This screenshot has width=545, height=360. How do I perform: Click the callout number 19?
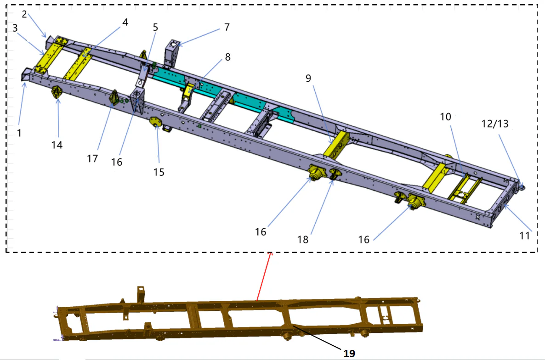[x=349, y=353]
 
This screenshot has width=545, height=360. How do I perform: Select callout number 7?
[x=227, y=27]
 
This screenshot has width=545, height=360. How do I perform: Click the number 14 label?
[x=57, y=145]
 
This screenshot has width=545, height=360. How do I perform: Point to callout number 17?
[x=92, y=158]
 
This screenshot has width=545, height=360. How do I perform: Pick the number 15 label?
[x=159, y=172]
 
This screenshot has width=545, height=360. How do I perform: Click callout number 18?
[x=303, y=239]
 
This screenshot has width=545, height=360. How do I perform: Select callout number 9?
[x=308, y=79]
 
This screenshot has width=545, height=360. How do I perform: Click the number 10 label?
[x=445, y=117]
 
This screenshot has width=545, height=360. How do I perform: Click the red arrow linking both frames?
[x=264, y=276]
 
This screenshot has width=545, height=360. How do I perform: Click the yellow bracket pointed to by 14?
[x=57, y=92]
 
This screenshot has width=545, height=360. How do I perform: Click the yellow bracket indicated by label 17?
[x=114, y=97]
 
